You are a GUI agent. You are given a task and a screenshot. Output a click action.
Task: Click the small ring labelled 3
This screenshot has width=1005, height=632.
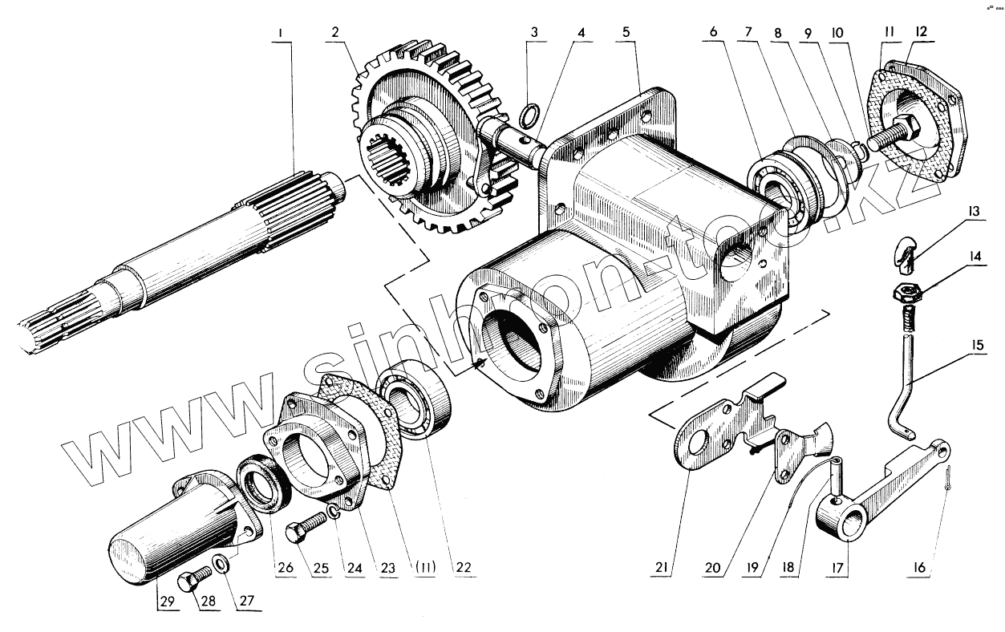526,119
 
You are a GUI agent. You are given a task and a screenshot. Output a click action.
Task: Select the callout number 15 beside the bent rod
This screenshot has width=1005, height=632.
979,346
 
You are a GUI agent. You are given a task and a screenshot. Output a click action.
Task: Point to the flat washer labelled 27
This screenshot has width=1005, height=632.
221,565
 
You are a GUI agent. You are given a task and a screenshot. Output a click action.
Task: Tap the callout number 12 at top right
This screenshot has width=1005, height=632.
920,33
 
